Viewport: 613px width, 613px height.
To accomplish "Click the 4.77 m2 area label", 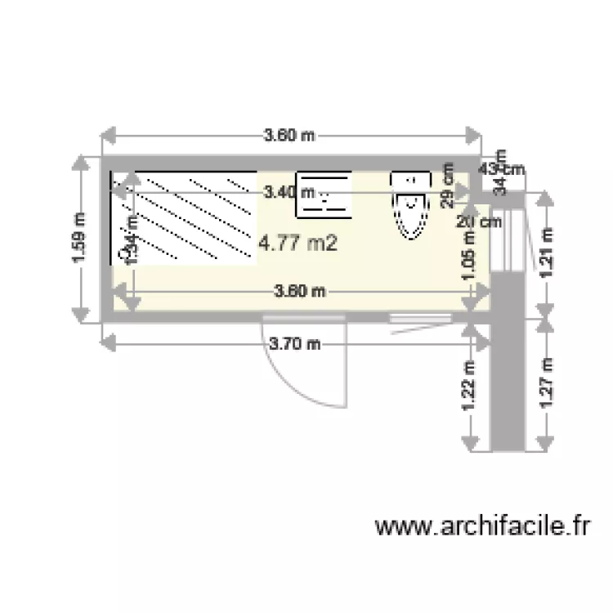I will (x=298, y=242).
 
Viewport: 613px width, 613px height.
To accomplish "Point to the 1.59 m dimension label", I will (x=78, y=239).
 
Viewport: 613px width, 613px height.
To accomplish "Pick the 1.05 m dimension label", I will (x=469, y=256).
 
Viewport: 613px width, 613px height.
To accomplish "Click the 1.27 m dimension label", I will (x=547, y=382).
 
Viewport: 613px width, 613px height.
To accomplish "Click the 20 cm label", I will (x=479, y=221).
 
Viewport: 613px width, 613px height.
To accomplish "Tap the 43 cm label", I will (x=501, y=169).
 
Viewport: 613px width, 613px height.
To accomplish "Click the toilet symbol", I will (x=410, y=204).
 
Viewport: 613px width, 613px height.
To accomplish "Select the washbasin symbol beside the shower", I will (x=324, y=195).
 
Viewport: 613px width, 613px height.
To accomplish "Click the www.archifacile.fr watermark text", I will (x=482, y=526).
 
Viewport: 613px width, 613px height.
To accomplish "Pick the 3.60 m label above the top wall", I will (x=289, y=136).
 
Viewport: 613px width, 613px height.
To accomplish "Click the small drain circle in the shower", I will (x=123, y=254).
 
